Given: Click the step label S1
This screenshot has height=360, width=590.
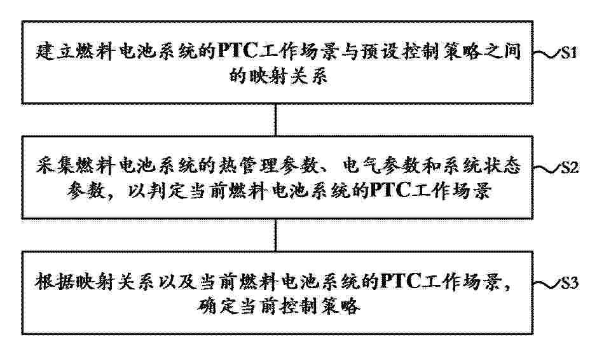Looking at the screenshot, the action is click(x=568, y=53).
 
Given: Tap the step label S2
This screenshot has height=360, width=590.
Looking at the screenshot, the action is click(x=569, y=167).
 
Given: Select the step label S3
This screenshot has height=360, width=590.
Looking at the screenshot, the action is click(x=569, y=283).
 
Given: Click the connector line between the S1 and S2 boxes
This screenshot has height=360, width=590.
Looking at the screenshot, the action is click(x=276, y=120).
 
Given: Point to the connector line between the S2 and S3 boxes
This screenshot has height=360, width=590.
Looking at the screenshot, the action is click(x=276, y=235).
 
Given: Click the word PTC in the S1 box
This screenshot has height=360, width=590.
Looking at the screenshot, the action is click(x=237, y=51).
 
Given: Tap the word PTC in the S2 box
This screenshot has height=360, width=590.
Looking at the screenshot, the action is click(x=390, y=191).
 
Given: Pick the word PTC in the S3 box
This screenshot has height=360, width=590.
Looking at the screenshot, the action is click(x=401, y=281).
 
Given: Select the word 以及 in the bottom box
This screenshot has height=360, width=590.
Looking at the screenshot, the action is click(x=177, y=282).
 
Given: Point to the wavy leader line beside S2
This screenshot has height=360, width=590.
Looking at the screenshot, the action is click(x=547, y=169).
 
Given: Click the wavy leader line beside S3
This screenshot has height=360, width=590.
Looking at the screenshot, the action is click(x=547, y=284).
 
